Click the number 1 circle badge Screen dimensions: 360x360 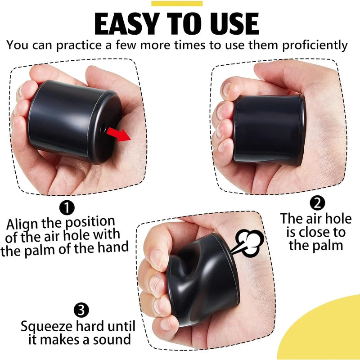tap(67, 207)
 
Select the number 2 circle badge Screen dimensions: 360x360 tap(318, 203)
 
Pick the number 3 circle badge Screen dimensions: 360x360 tap(80, 310)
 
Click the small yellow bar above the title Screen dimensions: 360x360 tap(177, 4)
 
